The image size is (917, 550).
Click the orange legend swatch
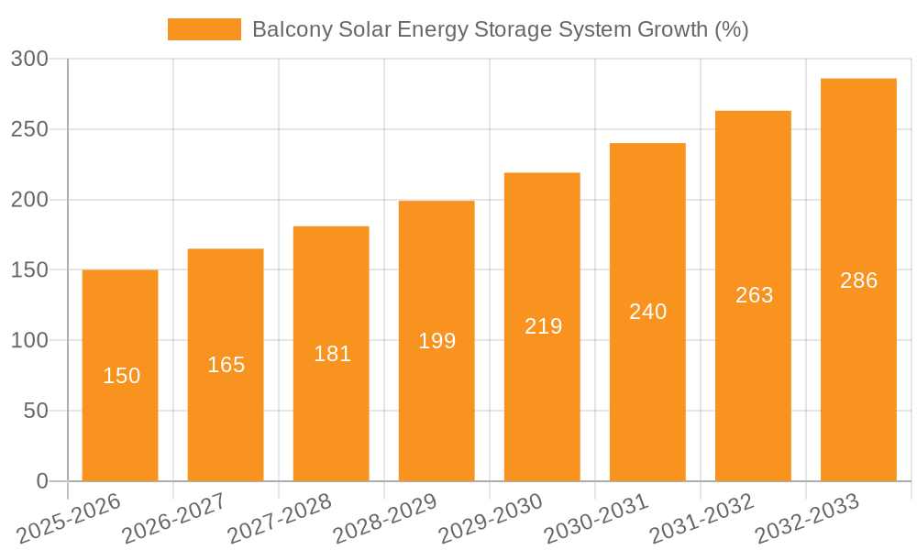(x=204, y=29)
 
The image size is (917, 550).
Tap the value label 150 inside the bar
(x=121, y=376)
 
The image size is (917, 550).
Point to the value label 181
(x=332, y=354)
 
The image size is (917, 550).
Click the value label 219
(x=543, y=326)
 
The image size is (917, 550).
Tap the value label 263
(x=754, y=295)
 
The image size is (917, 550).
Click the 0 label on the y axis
(x=42, y=481)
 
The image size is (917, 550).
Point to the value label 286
(x=858, y=280)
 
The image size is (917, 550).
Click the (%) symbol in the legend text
(x=731, y=29)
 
